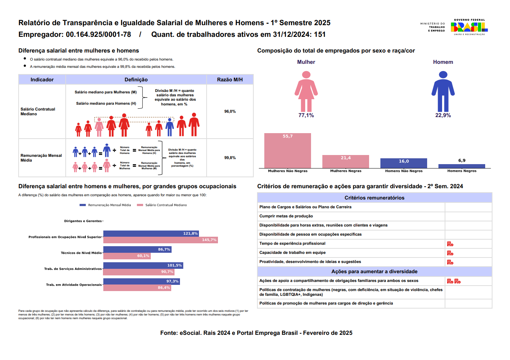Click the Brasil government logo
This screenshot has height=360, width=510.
click(469, 27)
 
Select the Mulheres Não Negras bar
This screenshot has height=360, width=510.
click(288, 150)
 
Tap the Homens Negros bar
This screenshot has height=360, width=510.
click(461, 166)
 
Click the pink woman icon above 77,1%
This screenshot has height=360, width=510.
click(306, 91)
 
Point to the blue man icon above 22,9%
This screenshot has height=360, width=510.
click(443, 91)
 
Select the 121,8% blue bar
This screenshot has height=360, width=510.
click(151, 233)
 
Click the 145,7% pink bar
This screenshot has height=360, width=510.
click(160, 240)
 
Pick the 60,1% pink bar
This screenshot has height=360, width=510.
click(127, 256)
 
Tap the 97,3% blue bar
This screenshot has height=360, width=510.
click(141, 282)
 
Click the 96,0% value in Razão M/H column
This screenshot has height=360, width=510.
click(230, 112)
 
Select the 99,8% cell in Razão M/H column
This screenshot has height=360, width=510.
click(230, 158)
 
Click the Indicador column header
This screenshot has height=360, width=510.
click(42, 80)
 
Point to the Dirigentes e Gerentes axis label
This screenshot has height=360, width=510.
click(83, 221)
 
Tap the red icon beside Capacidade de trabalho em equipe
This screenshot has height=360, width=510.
click(450, 253)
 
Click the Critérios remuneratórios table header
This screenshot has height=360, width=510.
click(374, 198)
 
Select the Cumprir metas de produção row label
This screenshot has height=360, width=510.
click(286, 216)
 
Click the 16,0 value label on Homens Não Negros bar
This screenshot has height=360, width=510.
click(404, 161)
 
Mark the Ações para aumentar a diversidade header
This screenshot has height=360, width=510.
click(374, 272)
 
